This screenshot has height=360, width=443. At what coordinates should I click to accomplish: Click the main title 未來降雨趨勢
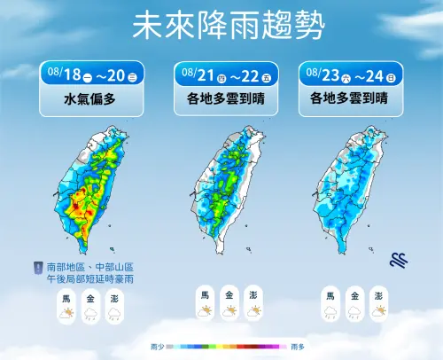coord(221,26)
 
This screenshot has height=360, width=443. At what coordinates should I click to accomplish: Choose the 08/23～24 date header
coord(352,72)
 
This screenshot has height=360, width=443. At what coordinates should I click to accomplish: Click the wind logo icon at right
coord(399,259)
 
